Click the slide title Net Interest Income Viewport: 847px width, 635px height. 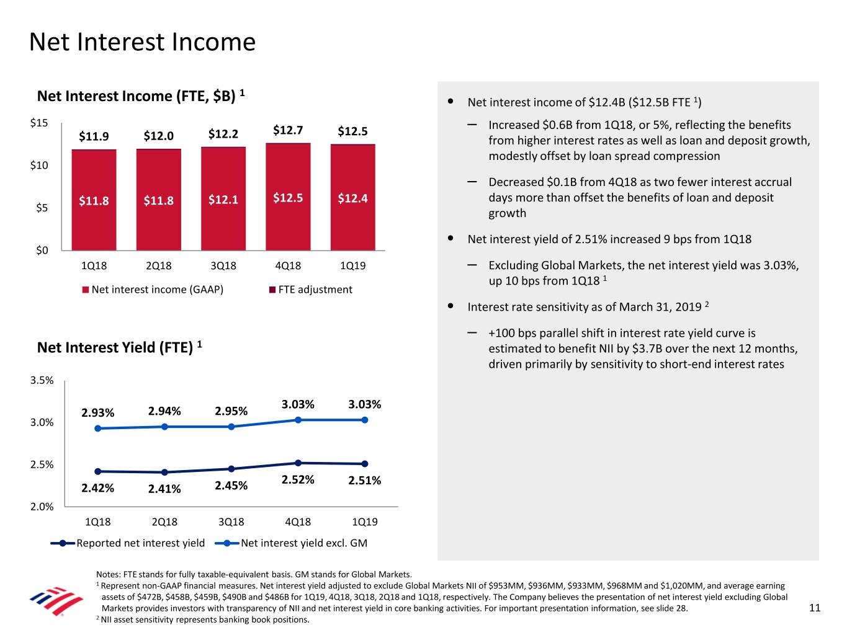point(142,42)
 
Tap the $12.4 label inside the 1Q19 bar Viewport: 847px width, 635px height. point(352,198)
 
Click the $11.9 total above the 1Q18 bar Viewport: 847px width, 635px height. point(94,136)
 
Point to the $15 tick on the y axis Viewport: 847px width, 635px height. point(39,123)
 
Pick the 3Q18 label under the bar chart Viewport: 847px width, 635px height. point(223,266)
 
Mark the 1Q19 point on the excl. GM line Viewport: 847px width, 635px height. point(365,420)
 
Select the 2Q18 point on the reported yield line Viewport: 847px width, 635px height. point(164,473)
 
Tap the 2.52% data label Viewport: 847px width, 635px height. point(298,480)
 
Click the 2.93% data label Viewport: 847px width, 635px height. point(98,413)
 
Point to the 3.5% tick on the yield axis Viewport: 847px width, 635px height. point(42,381)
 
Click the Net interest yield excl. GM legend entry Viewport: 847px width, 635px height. point(291,543)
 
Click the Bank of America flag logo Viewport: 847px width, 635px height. point(56,600)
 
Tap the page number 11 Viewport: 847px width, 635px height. point(815,608)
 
